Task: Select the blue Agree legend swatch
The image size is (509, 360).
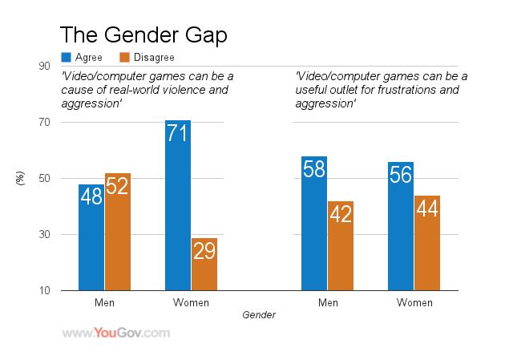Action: click(67, 58)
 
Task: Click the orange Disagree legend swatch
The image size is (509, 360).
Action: click(124, 58)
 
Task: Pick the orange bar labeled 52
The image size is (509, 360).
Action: click(117, 232)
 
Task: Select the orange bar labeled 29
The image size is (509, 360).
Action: click(204, 264)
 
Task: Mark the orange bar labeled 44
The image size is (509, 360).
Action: click(427, 243)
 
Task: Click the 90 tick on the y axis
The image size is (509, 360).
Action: click(46, 67)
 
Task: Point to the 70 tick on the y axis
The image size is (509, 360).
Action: click(46, 123)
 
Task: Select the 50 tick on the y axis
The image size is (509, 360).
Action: click(46, 179)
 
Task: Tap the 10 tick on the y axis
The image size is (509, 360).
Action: click(46, 291)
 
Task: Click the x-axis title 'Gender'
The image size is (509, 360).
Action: click(259, 315)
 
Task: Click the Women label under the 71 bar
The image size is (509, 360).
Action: click(191, 303)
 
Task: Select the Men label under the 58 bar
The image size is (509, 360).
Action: click(327, 303)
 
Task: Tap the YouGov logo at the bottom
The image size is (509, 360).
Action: click(116, 332)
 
